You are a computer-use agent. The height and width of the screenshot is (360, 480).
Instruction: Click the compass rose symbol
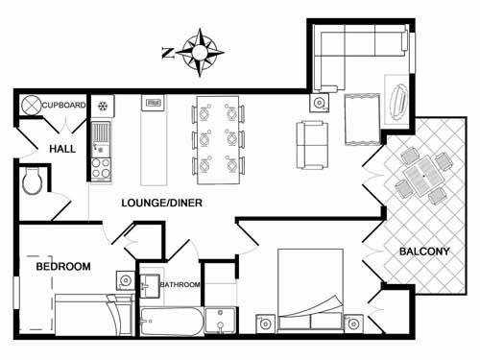pos(202,52)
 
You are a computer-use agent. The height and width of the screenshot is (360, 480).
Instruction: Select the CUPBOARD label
pos(64,105)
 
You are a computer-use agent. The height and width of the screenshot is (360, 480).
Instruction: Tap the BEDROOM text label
pos(62,266)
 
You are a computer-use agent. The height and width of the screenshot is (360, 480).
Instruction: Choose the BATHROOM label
pos(179,285)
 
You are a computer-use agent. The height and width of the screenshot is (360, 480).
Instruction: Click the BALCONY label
pos(423,252)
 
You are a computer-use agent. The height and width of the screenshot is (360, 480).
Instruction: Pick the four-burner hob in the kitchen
pos(101,168)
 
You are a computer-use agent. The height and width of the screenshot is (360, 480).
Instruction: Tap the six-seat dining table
pos(219,139)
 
